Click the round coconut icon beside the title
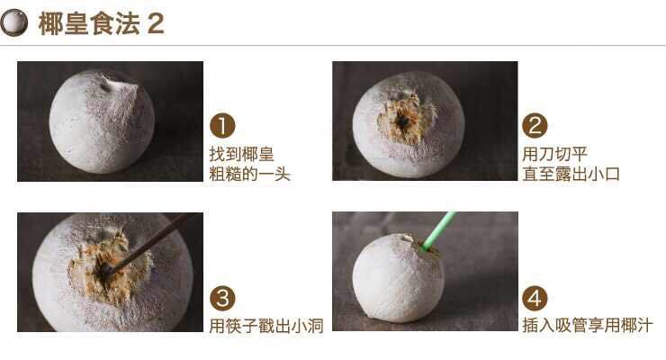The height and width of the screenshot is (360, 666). click(x=15, y=23)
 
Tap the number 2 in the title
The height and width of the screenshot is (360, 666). click(x=156, y=24)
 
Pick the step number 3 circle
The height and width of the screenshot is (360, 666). click(x=221, y=299)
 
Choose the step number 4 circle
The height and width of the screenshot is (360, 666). click(x=535, y=299)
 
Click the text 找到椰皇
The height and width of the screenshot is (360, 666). click(x=236, y=153)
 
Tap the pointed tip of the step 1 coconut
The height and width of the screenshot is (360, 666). click(x=114, y=84)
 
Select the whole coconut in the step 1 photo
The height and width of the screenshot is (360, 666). click(x=101, y=123)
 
